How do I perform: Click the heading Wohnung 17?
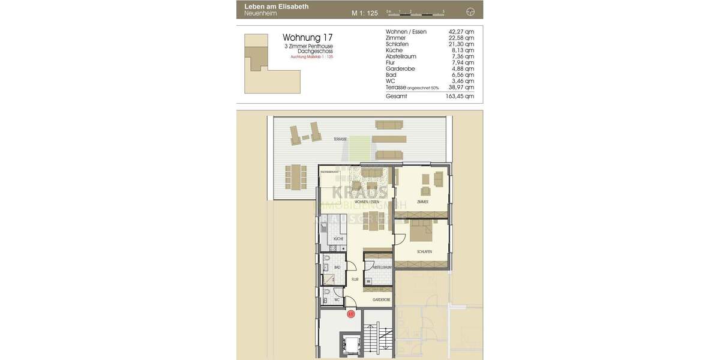[x=307, y=37]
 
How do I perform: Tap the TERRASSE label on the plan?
[x=340, y=139]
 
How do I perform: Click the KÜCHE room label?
[x=338, y=239]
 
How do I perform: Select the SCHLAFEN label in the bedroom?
[x=425, y=251]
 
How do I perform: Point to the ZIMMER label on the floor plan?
[x=423, y=202]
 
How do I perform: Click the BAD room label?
[x=337, y=268]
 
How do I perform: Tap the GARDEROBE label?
[x=382, y=299]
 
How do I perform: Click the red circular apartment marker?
[x=351, y=313]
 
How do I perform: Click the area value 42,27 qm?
[x=461, y=32]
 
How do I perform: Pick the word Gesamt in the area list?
[x=396, y=96]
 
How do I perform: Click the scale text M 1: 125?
[x=364, y=13]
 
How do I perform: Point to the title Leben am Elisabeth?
[x=277, y=7]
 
